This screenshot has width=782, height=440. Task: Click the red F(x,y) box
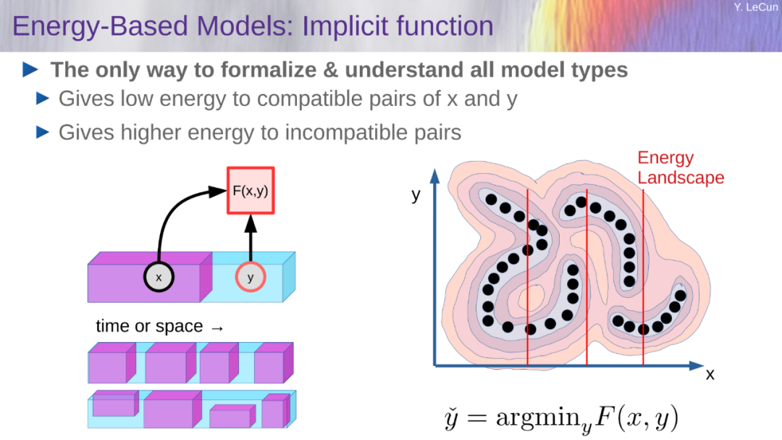coord(251,191)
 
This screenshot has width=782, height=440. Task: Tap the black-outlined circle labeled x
coord(159,277)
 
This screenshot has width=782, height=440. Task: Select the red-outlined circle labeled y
coord(251,277)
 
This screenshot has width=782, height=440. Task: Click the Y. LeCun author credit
coord(755,7)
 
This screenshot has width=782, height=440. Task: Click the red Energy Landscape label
coord(680,168)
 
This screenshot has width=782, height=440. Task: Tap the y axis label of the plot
coord(416,195)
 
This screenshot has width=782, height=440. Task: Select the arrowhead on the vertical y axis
coord(435,176)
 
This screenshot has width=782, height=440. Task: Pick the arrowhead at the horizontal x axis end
coord(697,365)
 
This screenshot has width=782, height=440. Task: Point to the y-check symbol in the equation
coord(451,418)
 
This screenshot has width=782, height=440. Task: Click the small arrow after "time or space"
coord(217,328)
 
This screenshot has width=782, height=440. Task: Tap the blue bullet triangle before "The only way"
coord(30,70)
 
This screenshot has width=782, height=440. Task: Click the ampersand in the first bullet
coord(330,70)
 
